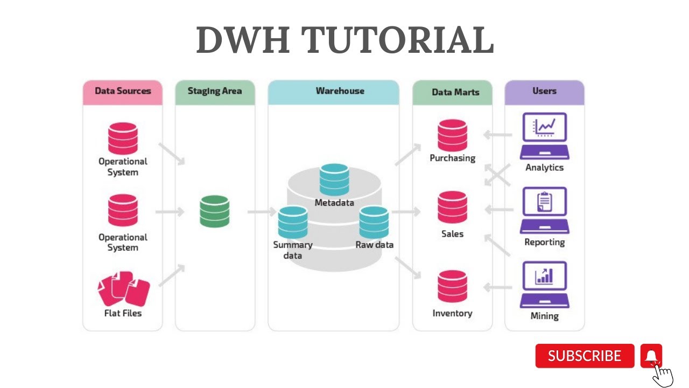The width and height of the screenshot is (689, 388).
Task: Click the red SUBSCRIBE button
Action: click(x=585, y=356)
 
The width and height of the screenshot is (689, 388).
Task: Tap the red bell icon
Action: click(x=651, y=356)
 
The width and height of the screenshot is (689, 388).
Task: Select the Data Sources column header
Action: click(x=123, y=91)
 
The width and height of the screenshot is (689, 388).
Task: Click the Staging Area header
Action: click(x=215, y=91)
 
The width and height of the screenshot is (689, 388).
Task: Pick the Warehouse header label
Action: click(x=340, y=91)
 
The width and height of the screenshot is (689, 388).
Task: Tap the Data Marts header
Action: click(x=455, y=92)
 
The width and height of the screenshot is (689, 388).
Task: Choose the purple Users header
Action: click(x=544, y=91)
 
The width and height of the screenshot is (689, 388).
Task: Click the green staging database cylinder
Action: click(x=214, y=211)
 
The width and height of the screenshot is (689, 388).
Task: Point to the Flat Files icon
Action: click(x=123, y=289)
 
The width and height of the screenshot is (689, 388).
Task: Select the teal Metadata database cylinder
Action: click(x=334, y=179)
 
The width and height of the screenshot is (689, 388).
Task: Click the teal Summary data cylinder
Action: click(x=293, y=222)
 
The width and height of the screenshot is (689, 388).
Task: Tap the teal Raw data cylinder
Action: click(x=374, y=222)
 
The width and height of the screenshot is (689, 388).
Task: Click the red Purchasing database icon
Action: click(x=452, y=135)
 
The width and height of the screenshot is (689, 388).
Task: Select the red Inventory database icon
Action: click(x=452, y=286)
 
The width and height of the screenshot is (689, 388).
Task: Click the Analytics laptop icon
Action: click(x=544, y=136)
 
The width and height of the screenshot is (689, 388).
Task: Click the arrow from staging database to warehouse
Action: click(x=261, y=212)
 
